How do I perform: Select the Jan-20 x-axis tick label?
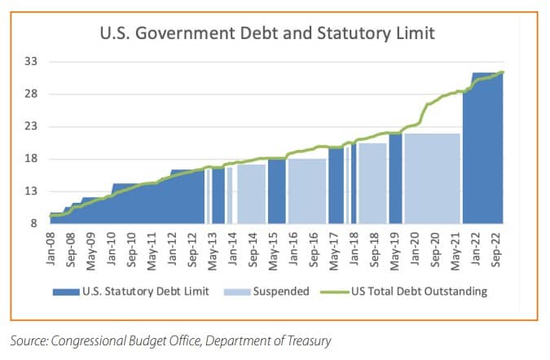[414, 249]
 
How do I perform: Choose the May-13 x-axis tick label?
[213, 249]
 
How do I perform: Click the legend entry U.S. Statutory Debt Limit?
[147, 292]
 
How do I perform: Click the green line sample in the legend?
[337, 292]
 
